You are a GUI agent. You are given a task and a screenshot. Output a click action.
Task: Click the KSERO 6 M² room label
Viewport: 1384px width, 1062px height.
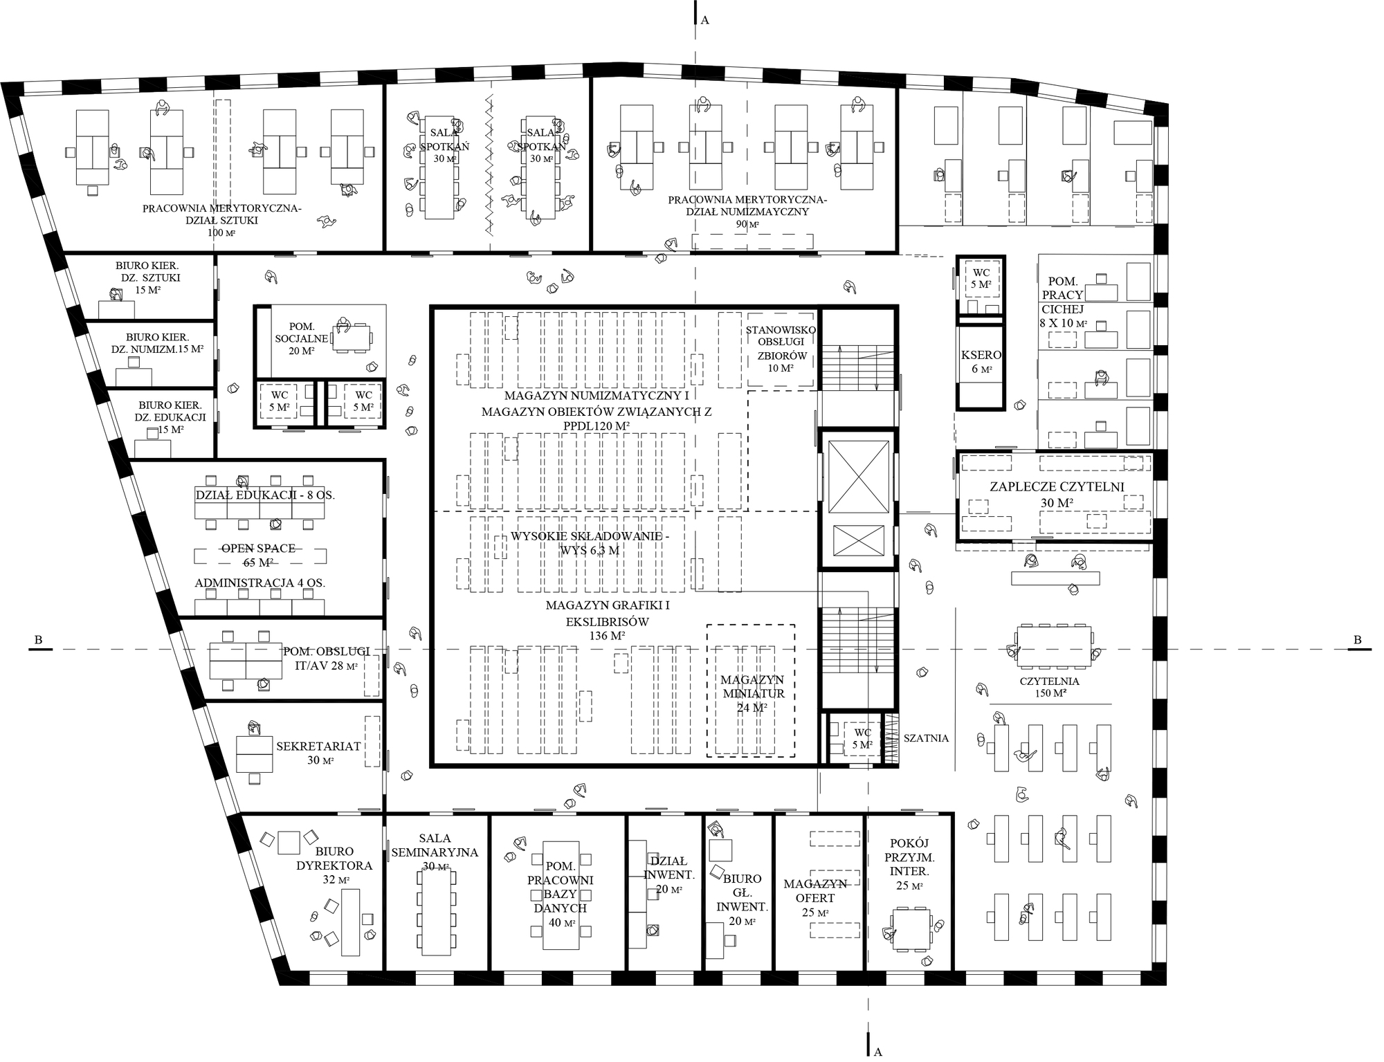981,362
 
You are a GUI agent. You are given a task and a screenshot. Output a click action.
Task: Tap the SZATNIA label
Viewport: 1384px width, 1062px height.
926,738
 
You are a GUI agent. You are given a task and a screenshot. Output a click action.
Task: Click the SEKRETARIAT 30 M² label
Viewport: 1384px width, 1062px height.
318,753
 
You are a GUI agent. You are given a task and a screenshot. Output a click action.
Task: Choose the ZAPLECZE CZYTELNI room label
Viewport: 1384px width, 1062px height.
1057,494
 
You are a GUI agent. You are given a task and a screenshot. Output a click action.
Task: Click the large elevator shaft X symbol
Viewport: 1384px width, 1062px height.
858,477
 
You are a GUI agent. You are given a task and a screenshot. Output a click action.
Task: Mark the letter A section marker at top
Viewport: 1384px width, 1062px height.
705,20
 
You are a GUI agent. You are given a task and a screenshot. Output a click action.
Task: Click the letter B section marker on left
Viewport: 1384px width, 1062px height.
39,640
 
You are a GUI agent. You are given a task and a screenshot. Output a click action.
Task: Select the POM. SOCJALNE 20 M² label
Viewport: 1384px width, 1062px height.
302,338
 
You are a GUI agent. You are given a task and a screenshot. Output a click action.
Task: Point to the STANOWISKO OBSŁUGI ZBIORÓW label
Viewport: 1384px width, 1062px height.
781,349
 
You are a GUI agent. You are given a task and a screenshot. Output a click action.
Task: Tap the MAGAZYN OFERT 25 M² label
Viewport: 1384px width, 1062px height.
815,898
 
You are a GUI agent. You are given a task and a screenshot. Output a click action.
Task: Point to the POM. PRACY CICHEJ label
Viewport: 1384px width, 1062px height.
1062,302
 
